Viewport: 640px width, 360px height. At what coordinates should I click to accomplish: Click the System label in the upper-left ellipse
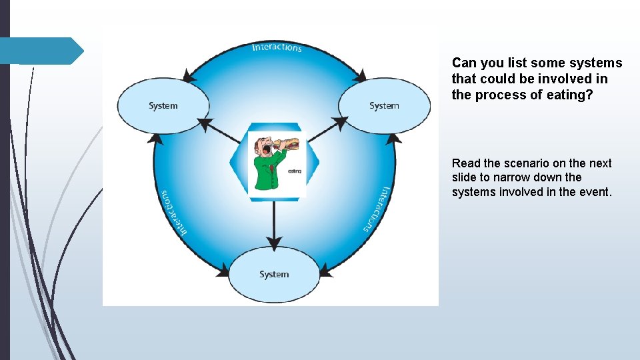(x=163, y=105)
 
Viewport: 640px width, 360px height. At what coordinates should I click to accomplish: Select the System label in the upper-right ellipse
(x=384, y=105)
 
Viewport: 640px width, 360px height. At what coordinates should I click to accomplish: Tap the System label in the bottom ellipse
(x=274, y=274)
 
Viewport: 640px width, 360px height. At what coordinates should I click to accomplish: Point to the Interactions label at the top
(x=277, y=47)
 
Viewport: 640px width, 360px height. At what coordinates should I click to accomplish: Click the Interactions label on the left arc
(x=172, y=213)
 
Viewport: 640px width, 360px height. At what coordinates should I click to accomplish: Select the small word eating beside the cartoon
(x=295, y=171)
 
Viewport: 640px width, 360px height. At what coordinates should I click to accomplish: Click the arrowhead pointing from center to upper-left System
(x=205, y=124)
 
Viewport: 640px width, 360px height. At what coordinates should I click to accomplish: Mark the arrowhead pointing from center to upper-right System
(x=341, y=123)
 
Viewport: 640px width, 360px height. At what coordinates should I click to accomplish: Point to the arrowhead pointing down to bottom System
(x=273, y=243)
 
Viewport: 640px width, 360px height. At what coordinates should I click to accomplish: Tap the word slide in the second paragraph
(x=465, y=177)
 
